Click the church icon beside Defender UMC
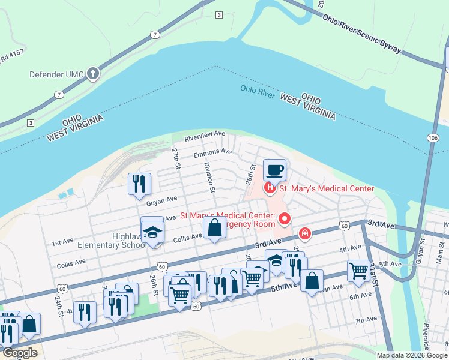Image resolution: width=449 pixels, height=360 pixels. pyautogui.click(x=92, y=74)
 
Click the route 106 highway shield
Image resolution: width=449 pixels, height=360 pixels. pyautogui.click(x=433, y=137)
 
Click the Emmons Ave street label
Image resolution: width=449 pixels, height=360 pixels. pyautogui.click(x=212, y=153)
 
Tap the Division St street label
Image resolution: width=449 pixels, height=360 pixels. pyautogui.click(x=209, y=177)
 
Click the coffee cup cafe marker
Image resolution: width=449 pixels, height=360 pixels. pyautogui.click(x=274, y=170)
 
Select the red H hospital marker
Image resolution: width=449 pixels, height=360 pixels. pyautogui.click(x=270, y=188)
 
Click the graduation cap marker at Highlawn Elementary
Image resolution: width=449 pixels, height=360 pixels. pyautogui.click(x=152, y=232)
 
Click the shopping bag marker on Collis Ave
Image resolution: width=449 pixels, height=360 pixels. pyautogui.click(x=214, y=229)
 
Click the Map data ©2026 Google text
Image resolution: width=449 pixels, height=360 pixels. pyautogui.click(x=411, y=355)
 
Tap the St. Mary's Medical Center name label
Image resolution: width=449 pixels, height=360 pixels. pyautogui.click(x=327, y=189)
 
